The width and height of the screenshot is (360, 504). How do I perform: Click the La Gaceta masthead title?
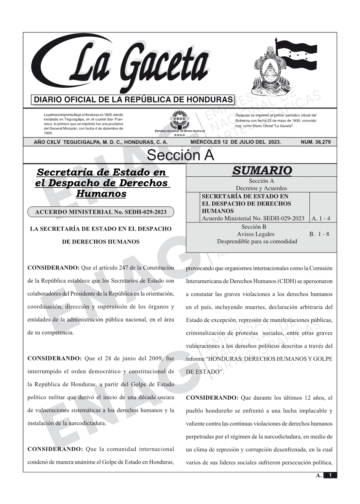point(126,65)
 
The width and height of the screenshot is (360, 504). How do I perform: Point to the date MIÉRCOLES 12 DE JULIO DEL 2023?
point(235,142)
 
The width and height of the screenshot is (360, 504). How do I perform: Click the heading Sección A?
point(180,155)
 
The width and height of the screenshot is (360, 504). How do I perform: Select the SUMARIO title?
point(262,171)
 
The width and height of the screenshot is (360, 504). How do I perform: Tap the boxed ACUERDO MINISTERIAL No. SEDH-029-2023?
point(101,212)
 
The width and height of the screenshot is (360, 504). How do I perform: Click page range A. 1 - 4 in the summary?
point(321,219)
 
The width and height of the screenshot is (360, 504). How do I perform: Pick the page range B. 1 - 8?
point(319,234)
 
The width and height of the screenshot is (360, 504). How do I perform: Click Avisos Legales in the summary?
point(256,234)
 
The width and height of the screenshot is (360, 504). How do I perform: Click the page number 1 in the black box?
point(330,475)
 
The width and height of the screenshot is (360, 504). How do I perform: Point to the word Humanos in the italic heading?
point(101,194)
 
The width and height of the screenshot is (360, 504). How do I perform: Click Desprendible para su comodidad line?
point(257,242)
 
